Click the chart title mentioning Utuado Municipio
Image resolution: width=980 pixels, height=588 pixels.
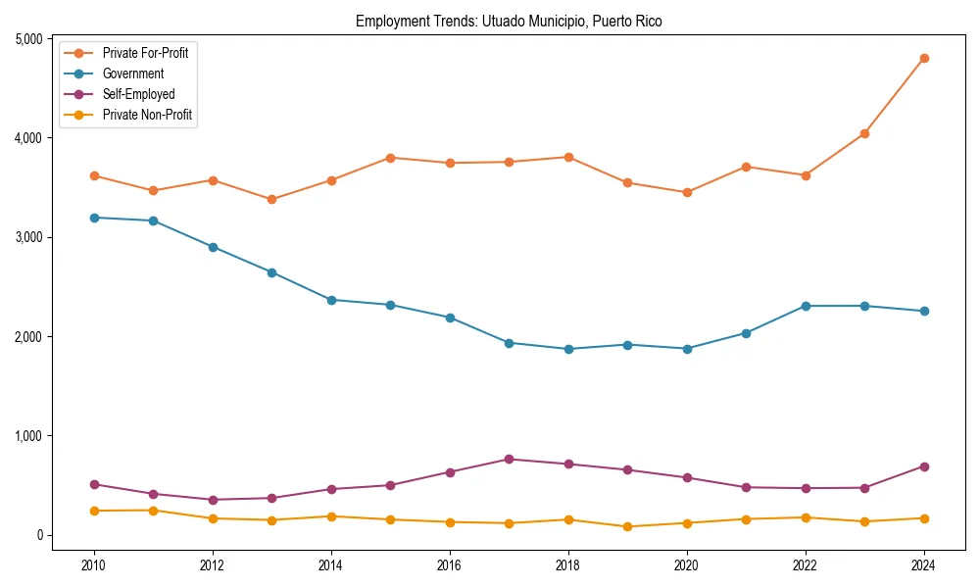[x=509, y=21]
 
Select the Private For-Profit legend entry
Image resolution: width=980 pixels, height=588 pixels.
[x=145, y=53]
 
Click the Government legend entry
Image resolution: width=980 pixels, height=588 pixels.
[x=132, y=73]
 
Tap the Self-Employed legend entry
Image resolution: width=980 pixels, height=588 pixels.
[x=138, y=94]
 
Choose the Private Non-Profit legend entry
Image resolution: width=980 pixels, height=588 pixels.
[x=147, y=115]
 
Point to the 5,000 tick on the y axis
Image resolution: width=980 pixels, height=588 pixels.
[x=27, y=39]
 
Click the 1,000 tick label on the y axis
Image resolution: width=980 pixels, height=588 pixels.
[x=27, y=436]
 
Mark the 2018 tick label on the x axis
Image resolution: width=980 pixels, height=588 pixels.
[x=568, y=565]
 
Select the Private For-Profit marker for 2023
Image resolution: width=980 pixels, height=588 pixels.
[x=864, y=133]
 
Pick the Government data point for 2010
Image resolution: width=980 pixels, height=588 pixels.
[x=94, y=218]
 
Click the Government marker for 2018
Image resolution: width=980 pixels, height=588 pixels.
[x=568, y=349]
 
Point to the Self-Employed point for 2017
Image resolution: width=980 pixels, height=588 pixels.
[x=509, y=460]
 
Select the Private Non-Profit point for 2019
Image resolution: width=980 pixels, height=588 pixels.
[x=627, y=526]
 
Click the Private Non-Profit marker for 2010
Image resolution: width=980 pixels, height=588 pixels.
[x=94, y=511]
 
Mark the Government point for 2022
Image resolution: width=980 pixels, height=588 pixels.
[x=806, y=306]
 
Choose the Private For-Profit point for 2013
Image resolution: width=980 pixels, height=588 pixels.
[x=271, y=200]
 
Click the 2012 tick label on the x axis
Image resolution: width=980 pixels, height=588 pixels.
[x=213, y=565]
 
